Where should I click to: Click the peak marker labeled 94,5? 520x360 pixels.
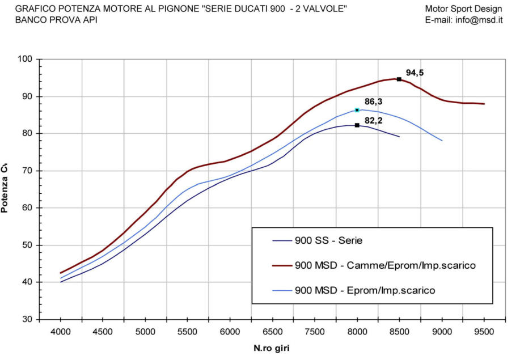pyautogui.click(x=399, y=79)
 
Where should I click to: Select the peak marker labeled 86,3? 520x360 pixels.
pyautogui.click(x=357, y=110)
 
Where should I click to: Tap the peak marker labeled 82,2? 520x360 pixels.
pyautogui.click(x=357, y=125)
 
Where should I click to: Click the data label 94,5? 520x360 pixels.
pyautogui.click(x=415, y=73)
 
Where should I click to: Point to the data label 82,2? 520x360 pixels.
pyautogui.click(x=374, y=120)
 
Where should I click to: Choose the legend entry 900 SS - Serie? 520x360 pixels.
pyautogui.click(x=328, y=240)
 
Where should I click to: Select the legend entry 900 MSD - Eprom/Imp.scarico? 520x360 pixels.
pyautogui.click(x=365, y=290)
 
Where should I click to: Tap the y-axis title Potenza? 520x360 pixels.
pyautogui.click(x=5, y=189)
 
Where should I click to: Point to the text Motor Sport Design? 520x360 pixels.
pyautogui.click(x=463, y=9)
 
